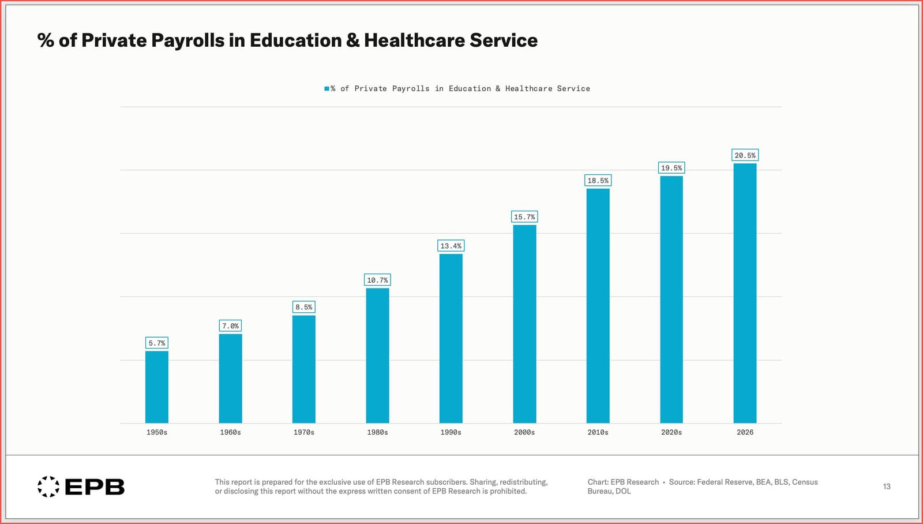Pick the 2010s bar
[598, 306]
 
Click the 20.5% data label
[745, 155]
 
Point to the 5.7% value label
[157, 343]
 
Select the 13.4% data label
[451, 246]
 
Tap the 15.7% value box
[524, 217]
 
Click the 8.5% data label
[304, 307]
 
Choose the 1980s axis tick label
[377, 432]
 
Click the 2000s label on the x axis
[524, 432]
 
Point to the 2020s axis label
[671, 432]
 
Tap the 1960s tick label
[230, 432]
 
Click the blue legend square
[327, 89]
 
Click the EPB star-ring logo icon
[48, 486]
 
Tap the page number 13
[887, 486]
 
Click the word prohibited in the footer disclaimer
[508, 492]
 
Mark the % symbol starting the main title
[45, 40]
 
